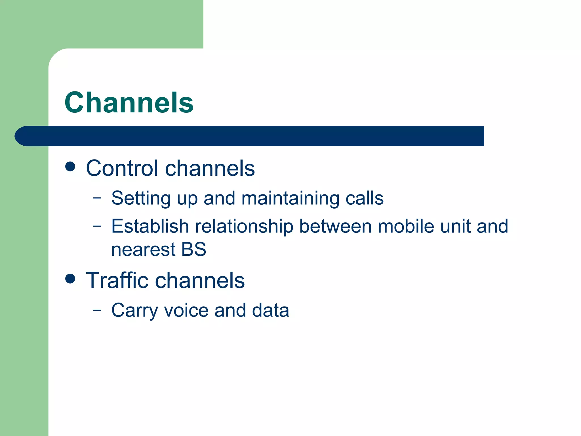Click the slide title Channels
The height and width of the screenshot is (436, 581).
129,102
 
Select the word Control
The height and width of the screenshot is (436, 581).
122,168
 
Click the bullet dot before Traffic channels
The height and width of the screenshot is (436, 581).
70,279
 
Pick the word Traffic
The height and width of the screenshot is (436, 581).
117,280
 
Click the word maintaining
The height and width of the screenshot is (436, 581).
290,198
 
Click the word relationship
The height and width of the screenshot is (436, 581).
244,227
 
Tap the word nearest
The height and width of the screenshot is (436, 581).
143,250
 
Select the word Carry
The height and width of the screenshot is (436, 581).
134,311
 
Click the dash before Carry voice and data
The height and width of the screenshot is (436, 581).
97,310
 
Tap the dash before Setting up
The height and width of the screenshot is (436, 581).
97,198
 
